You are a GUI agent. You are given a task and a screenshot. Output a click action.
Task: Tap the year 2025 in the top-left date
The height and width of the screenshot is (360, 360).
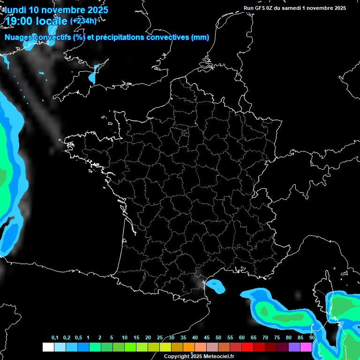pyautogui.click(x=97, y=9)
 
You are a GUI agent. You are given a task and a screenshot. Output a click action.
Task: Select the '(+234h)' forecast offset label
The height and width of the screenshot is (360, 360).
pyautogui.click(x=83, y=21)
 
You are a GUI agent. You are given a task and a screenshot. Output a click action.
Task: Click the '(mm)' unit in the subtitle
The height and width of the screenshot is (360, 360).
pyautogui.click(x=200, y=37)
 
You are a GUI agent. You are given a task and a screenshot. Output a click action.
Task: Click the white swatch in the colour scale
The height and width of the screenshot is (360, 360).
pyautogui.click(x=48, y=347)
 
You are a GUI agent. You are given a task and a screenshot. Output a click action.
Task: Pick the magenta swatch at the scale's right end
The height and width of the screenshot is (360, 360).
pyautogui.click(x=306, y=347)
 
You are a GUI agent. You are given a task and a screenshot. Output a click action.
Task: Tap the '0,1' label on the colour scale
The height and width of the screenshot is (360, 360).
pyautogui.click(x=55, y=338)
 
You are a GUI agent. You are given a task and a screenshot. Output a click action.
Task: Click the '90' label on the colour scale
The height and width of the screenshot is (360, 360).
pyautogui.click(x=312, y=338)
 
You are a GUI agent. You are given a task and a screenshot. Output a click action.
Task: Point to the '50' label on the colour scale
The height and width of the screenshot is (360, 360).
pyautogui.click(x=218, y=338)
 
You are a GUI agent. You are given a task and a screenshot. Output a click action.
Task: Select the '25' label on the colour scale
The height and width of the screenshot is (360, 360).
pyautogui.click(x=160, y=338)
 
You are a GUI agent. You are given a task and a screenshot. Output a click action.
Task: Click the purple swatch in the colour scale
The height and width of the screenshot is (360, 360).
pyautogui.click(x=294, y=347)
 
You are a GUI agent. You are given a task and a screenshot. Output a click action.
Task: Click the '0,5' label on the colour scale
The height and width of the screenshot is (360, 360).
pyautogui.click(x=78, y=338)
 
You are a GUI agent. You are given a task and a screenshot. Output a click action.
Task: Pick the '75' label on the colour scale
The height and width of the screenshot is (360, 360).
pyautogui.click(x=277, y=338)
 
